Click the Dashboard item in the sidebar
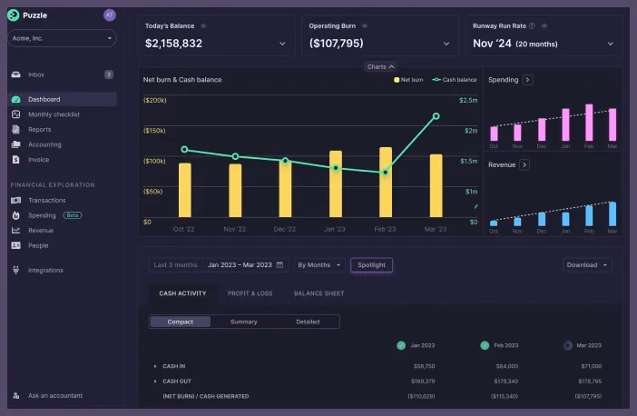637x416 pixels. [44, 99]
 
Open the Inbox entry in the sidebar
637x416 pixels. [36, 74]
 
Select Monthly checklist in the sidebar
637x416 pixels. [54, 114]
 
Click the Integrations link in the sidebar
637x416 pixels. [45, 270]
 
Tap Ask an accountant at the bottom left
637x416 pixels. [54, 395]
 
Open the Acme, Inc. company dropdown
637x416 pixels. [62, 38]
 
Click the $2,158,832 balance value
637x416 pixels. [173, 44]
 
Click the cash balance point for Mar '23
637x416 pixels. [436, 116]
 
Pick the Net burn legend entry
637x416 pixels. [408, 80]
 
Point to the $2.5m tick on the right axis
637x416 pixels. [468, 100]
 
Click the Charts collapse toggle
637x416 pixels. [380, 66]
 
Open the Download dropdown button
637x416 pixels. [587, 265]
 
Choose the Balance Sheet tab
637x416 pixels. [318, 293]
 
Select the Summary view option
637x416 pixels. [243, 322]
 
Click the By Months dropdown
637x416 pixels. [320, 265]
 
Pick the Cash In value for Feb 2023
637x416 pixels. [505, 366]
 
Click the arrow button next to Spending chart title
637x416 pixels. [528, 80]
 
